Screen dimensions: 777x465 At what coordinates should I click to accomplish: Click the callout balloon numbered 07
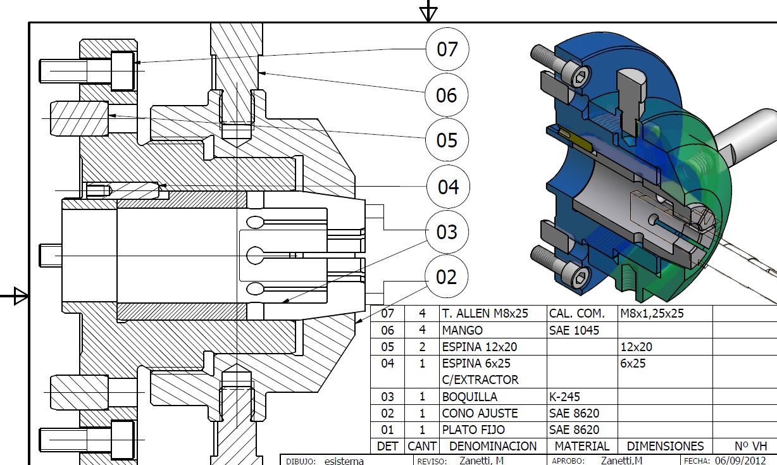[x=447, y=49]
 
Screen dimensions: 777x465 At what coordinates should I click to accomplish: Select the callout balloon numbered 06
[x=447, y=95]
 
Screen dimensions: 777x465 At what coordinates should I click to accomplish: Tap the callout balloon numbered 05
[x=447, y=140]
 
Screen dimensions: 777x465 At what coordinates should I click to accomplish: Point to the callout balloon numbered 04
[x=448, y=187]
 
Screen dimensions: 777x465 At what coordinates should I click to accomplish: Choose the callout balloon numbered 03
[x=447, y=232]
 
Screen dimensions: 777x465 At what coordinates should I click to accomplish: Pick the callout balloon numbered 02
[x=447, y=277]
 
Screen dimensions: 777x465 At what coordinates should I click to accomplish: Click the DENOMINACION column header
[x=493, y=446]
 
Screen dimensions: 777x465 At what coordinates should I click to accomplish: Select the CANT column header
[x=422, y=446]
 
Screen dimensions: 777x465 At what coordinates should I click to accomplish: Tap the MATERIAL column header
[x=582, y=446]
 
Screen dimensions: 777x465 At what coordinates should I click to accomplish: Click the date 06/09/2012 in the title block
[x=740, y=461]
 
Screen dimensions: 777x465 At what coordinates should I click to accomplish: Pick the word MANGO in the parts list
[x=462, y=330]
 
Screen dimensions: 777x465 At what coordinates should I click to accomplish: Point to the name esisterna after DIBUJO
[x=344, y=461]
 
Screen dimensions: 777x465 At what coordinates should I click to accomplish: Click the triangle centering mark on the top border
[x=428, y=14]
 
